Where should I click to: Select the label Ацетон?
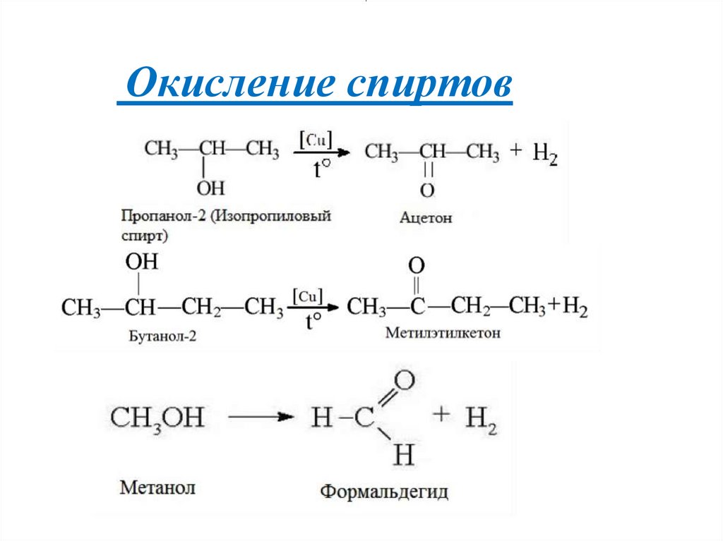[425, 219]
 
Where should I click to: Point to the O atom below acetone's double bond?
[426, 190]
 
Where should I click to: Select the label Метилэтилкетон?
[443, 332]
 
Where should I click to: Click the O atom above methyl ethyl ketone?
[417, 266]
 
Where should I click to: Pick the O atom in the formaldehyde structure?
[402, 382]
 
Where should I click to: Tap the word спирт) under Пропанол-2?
[145, 233]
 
